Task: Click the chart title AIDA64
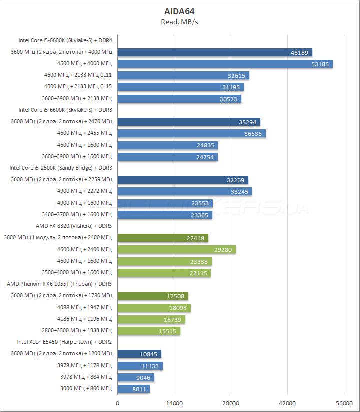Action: [x=180, y=11]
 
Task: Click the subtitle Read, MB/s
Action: [x=180, y=21]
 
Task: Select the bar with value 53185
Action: [x=225, y=64]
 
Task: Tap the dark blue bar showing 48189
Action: [x=215, y=52]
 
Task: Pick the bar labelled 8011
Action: [x=133, y=389]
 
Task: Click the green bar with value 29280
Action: [x=176, y=249]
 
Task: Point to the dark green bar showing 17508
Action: [x=153, y=296]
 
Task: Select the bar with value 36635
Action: [x=191, y=133]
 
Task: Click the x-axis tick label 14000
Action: [x=174, y=403]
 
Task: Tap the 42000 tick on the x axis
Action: [x=287, y=403]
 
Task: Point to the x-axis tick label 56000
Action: [x=344, y=403]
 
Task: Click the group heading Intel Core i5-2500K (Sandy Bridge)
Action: [x=61, y=168]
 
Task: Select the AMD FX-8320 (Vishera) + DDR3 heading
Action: [x=74, y=226]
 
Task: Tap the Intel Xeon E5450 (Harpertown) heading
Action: [x=64, y=342]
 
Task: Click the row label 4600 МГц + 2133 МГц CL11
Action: [x=78, y=75]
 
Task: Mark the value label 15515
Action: [x=166, y=331]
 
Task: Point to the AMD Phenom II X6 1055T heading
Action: [x=59, y=284]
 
